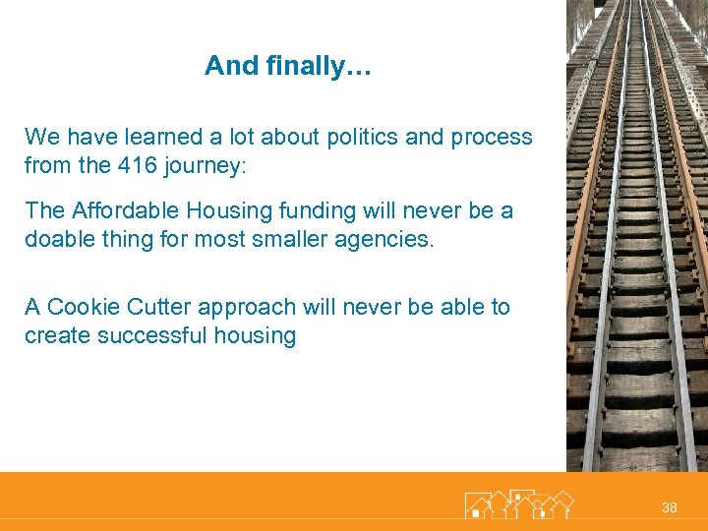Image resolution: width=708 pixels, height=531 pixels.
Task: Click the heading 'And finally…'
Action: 288,67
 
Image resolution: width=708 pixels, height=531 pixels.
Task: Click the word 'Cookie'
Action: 81,308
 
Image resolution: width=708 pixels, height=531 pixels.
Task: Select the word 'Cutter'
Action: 155,308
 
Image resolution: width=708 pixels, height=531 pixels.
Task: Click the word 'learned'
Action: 155,138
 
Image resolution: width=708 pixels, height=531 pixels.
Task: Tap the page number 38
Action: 670,507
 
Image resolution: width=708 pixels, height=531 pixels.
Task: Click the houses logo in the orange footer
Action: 518,503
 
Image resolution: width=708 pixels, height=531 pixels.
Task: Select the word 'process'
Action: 492,138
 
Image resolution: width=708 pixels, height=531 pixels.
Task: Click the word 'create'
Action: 55,336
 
